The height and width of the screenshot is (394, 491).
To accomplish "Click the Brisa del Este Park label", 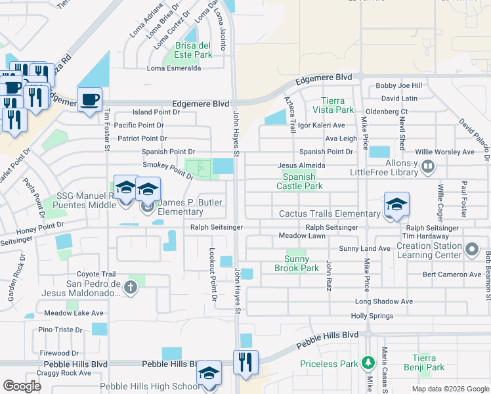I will tap(194, 50).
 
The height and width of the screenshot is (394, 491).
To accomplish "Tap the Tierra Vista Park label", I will tap(337, 105).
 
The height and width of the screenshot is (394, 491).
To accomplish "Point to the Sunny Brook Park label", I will tap(296, 264).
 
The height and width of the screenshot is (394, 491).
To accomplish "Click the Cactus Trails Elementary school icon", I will tap(396, 205).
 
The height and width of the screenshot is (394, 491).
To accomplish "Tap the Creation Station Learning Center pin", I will tap(471, 250).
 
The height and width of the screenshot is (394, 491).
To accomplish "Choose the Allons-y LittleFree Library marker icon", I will tap(427, 167).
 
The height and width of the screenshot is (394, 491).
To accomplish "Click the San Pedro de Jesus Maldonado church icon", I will tap(131, 286).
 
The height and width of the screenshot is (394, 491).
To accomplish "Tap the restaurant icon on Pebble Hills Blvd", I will tap(245, 362).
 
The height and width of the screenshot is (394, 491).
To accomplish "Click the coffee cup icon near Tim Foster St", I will tap(89, 100).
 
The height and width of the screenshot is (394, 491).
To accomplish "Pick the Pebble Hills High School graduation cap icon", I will tap(209, 374).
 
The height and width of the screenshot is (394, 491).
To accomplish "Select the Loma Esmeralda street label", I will tap(174, 68).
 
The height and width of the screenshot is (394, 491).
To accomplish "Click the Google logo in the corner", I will tap(22, 386).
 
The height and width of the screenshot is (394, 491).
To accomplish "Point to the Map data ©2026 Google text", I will tap(450, 389).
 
